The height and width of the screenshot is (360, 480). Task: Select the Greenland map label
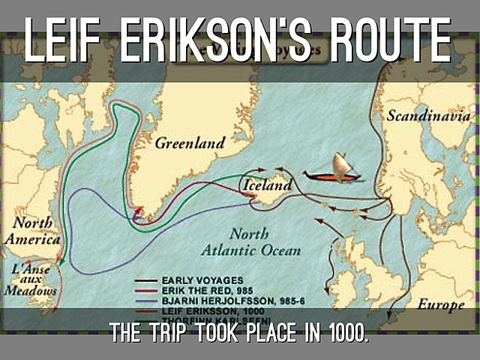tap(190, 142)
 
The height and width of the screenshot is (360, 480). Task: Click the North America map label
tap(32, 231)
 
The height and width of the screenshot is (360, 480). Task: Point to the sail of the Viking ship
tap(341, 163)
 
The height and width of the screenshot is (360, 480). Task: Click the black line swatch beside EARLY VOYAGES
tap(148, 280)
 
